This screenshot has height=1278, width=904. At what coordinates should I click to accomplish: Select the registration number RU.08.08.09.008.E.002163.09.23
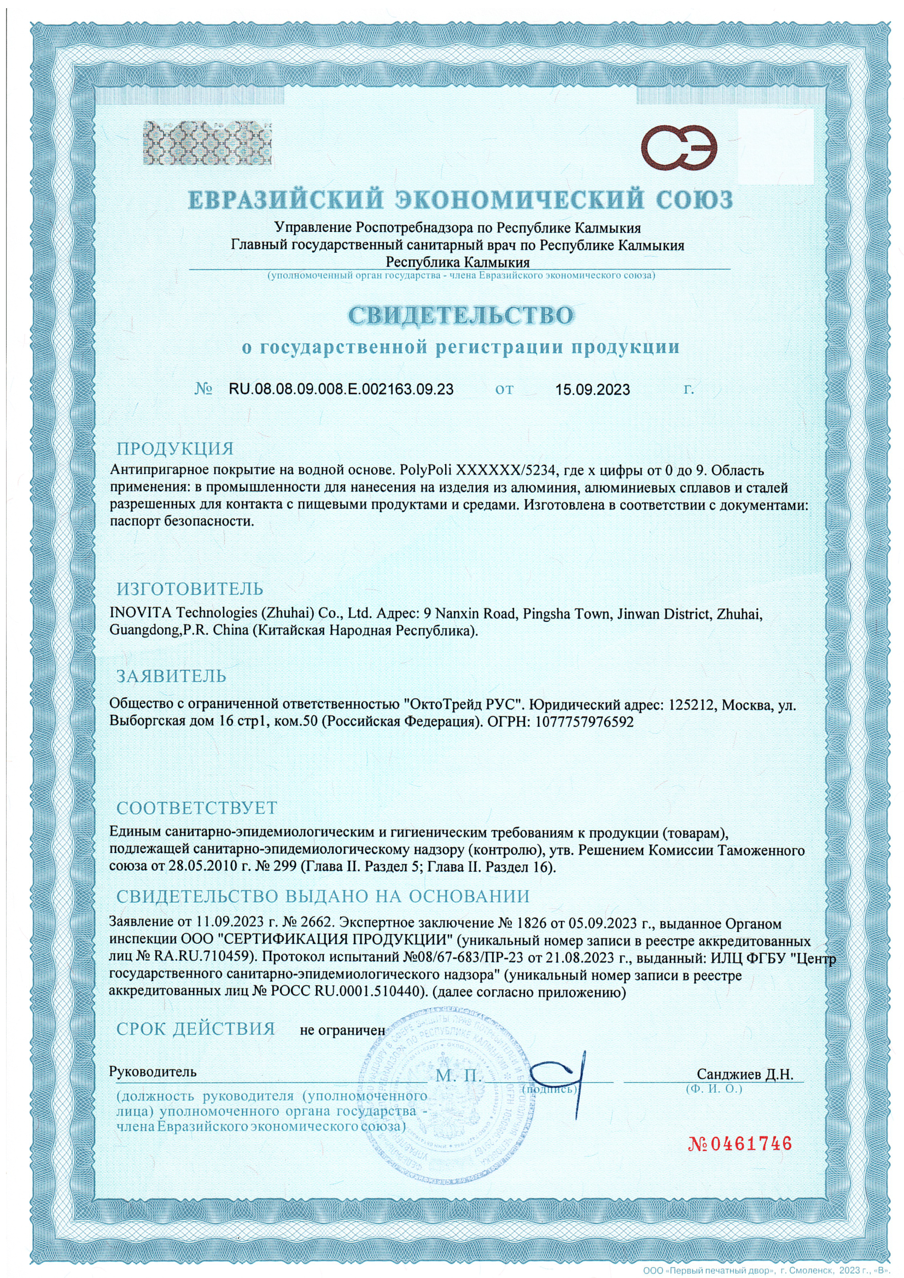[341, 388]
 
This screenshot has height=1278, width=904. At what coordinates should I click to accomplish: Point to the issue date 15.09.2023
[592, 389]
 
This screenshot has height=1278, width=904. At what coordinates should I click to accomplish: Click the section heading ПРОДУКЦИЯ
[175, 448]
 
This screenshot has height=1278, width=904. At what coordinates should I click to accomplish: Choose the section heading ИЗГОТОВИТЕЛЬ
[189, 588]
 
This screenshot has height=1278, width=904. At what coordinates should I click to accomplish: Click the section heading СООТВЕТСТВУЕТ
[196, 807]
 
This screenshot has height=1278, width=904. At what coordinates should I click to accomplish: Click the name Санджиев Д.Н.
[745, 1074]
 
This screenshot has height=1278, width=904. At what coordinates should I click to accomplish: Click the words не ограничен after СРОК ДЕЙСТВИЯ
[342, 1030]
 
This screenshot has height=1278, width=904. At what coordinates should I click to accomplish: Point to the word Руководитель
[153, 1071]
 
